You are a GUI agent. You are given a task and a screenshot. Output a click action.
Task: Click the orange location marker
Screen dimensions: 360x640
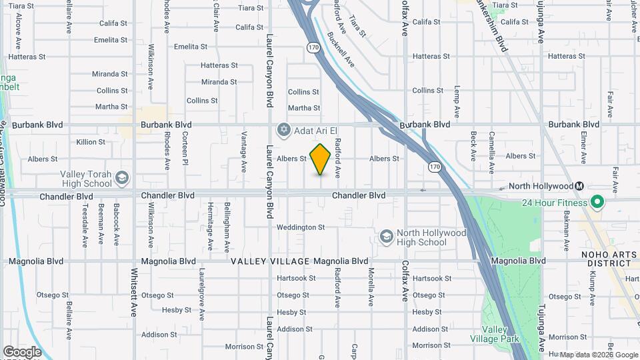[321, 159]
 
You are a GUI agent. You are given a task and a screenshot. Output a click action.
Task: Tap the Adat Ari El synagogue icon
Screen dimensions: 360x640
[284, 128]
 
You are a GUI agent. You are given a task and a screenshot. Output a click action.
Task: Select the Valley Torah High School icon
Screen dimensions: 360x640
[122, 178]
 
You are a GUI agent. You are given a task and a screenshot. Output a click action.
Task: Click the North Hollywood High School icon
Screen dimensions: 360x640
[386, 237]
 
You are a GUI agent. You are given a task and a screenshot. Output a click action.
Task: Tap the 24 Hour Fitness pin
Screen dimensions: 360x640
[597, 202]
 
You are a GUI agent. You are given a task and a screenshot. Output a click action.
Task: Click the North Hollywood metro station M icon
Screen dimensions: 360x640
[580, 186]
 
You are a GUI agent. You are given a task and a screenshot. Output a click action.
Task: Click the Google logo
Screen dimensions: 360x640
[22, 352]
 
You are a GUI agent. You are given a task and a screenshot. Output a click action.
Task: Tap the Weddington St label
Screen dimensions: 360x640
[301, 227]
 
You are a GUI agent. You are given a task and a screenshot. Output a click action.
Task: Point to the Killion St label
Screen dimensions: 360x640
[91, 142]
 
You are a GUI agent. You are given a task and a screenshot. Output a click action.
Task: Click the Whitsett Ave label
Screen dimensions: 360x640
[134, 292]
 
